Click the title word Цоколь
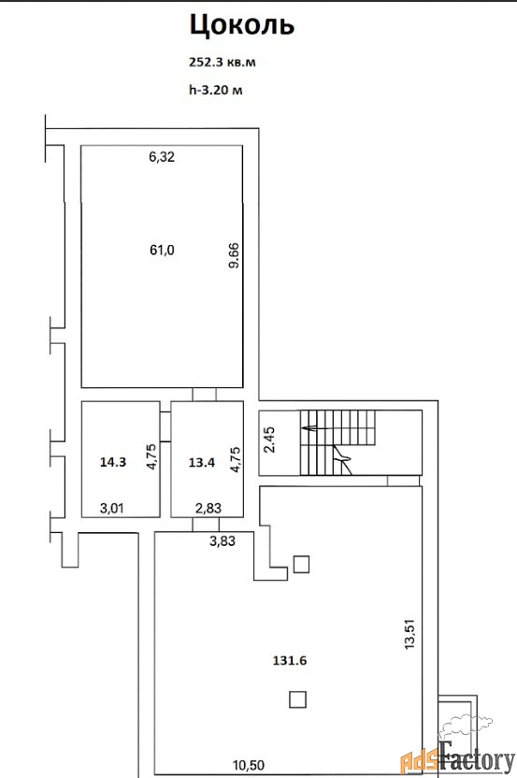(241, 26)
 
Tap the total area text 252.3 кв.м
(223, 63)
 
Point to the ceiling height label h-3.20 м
(216, 91)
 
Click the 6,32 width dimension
(162, 157)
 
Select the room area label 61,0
(162, 250)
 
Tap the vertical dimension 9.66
(234, 255)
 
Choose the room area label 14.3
(113, 463)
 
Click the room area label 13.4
(202, 463)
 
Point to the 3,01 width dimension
(111, 509)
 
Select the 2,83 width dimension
(208, 509)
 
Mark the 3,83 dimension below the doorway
(223, 541)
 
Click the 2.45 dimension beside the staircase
(269, 440)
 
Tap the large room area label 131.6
(290, 661)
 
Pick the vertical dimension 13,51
(409, 634)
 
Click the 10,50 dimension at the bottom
(249, 766)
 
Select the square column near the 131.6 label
(297, 699)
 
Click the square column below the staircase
(302, 564)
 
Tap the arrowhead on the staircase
(308, 426)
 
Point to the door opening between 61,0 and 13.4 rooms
(205, 395)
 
